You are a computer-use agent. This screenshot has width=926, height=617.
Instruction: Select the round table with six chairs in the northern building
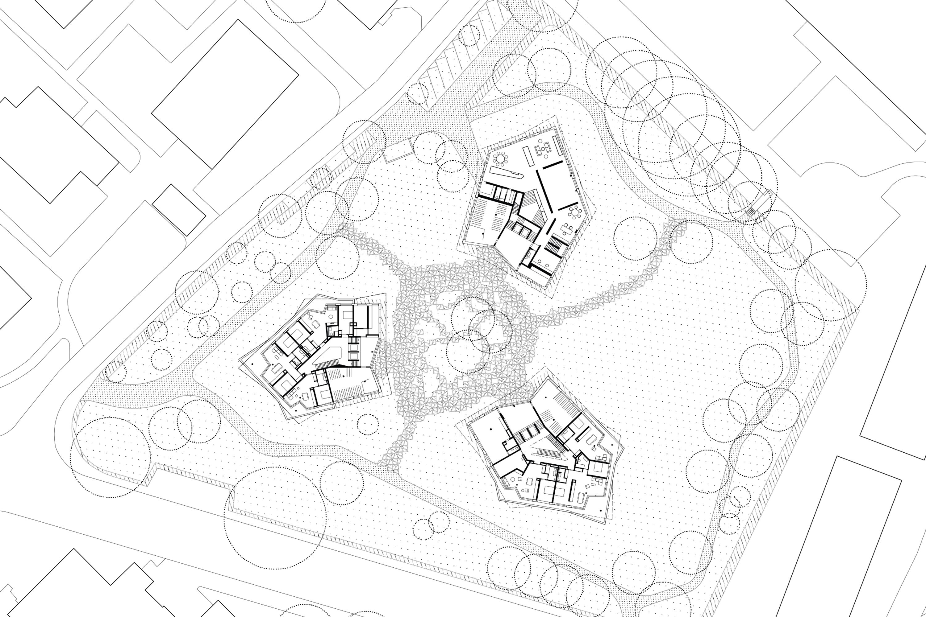point(575,212)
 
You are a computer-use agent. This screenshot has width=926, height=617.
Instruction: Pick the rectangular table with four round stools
point(568,228)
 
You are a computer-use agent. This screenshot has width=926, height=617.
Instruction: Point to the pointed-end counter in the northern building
point(504,172)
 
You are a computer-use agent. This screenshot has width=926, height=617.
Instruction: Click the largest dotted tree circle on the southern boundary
point(275,518)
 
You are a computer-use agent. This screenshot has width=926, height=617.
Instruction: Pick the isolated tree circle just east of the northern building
point(635,238)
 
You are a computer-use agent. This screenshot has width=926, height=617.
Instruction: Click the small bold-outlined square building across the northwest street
point(179,210)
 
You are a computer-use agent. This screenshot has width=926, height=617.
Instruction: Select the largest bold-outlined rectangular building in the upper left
point(225,94)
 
